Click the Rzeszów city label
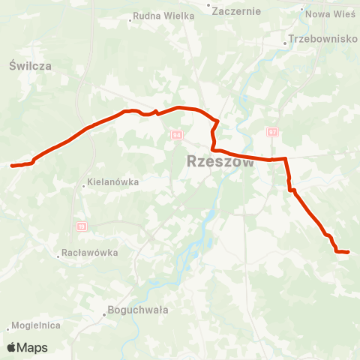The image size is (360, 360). point(219,161)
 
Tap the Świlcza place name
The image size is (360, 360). point(31,66)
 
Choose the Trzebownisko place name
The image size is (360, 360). point(324,39)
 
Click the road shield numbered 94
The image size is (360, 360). point(176,135)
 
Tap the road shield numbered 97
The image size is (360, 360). point(272,132)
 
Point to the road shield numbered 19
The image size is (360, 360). point(82,225)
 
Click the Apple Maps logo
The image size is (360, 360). point(27,347)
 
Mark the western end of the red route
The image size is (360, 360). point(12,165)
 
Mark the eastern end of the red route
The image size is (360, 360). point(349,252)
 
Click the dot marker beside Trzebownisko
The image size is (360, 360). point(286,43)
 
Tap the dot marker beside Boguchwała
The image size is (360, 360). point(104,314)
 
